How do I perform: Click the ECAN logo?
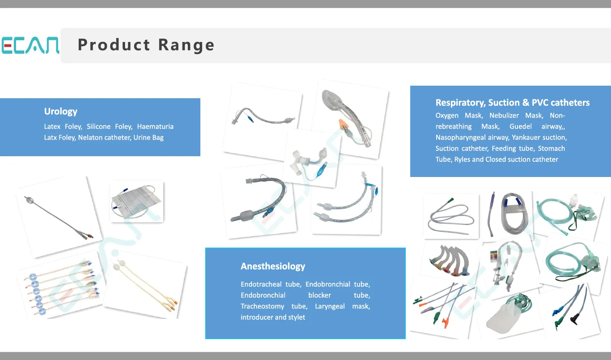(30, 45)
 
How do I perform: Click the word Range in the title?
(186, 45)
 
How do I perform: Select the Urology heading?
(61, 111)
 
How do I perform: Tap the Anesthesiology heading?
(273, 266)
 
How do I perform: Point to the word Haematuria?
(155, 126)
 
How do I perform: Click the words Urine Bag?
(148, 138)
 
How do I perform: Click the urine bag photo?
(136, 201)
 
